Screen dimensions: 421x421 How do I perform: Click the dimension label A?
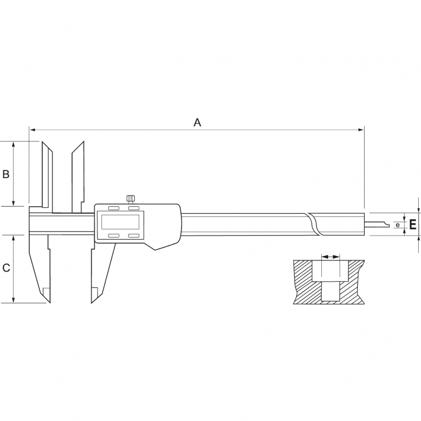point(197,123)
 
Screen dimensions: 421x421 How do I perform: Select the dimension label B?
point(6,174)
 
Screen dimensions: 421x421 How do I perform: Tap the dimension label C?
point(6,268)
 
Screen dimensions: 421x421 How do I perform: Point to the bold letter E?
point(413,224)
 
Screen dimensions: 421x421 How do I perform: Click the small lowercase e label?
point(398,225)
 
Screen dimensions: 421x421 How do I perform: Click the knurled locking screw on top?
point(130,200)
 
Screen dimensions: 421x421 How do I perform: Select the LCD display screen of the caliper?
point(120,222)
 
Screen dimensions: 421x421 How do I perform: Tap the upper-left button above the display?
point(113,209)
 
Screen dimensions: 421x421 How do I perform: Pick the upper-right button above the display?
point(134,209)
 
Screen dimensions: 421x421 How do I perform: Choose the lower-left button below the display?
point(113,236)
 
